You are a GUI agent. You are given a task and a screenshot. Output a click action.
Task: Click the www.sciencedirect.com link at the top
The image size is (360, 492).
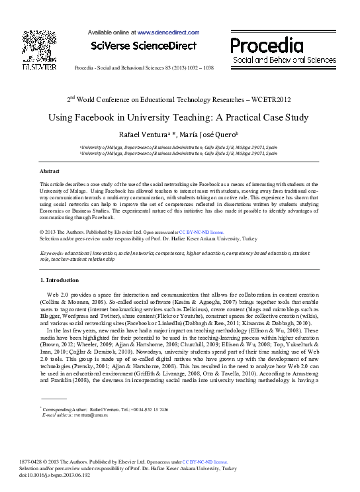168,31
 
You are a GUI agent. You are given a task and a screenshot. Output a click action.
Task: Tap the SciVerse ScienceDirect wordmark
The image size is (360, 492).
144,46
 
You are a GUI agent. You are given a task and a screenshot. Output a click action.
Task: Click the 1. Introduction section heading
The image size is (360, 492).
60,281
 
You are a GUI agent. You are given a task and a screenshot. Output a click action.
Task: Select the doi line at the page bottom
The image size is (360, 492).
65,475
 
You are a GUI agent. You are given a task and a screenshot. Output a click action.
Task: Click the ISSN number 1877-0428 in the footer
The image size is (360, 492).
54,462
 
